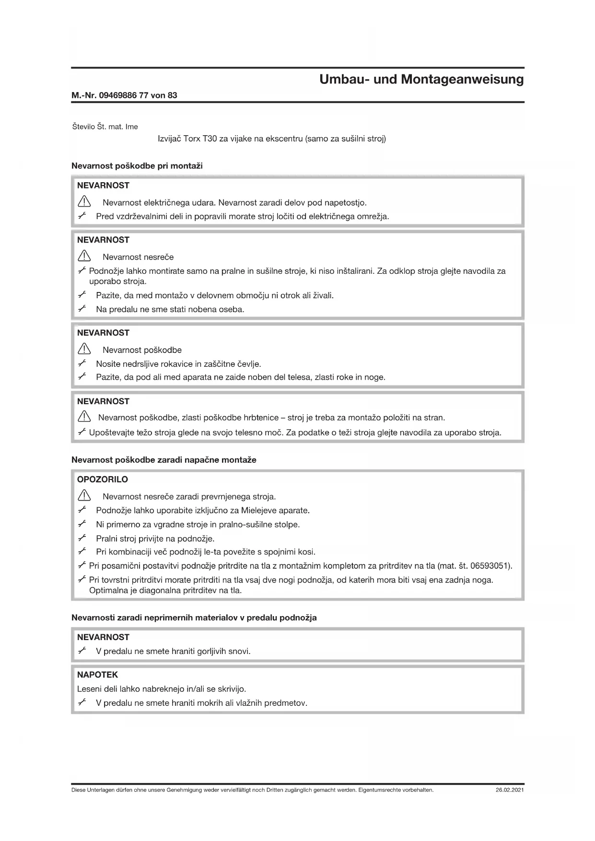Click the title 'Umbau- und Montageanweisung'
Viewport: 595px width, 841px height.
421,79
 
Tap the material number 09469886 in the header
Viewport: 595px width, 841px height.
117,95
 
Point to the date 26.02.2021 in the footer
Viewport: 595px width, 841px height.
510,790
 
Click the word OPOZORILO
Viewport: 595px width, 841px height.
103,479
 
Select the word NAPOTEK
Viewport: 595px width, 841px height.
97,675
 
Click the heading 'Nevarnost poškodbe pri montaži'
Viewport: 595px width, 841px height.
137,166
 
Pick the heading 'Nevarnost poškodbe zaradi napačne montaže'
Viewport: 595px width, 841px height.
164,460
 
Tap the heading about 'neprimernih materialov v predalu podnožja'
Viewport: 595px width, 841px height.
194,618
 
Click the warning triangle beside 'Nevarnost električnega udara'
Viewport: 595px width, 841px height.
84,202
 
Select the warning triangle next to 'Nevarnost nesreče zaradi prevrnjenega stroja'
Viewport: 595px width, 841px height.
84,496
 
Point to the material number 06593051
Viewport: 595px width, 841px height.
490,566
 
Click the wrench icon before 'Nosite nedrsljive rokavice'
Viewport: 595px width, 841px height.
82,363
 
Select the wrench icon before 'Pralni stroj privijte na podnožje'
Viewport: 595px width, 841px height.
82,538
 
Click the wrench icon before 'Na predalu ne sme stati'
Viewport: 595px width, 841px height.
82,309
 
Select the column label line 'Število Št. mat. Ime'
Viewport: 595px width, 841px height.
105,127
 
